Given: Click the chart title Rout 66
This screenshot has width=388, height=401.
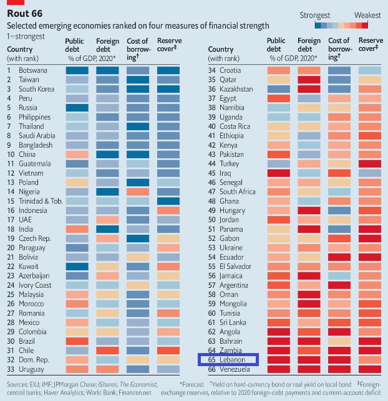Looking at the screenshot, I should (x=26, y=15).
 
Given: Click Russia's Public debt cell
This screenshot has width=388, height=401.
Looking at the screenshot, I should (x=77, y=108).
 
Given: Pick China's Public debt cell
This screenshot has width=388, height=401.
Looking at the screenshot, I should (x=77, y=154).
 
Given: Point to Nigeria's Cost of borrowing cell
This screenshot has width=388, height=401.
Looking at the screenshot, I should (x=137, y=192).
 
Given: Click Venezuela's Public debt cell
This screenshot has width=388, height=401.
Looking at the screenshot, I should (x=279, y=369).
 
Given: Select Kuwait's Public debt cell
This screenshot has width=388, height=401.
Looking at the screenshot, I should (x=77, y=267).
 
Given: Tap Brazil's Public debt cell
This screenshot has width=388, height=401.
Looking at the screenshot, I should (x=77, y=341).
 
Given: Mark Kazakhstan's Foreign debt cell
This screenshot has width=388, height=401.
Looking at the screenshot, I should (x=309, y=89).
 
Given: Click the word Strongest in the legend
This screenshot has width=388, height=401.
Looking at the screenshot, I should (x=315, y=14).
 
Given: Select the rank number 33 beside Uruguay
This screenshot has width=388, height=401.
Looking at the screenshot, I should (x=11, y=369).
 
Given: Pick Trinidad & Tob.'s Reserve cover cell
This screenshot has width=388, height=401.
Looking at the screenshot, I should (x=168, y=201).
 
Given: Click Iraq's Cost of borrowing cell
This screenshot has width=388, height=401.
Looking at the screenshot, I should (x=340, y=173).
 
